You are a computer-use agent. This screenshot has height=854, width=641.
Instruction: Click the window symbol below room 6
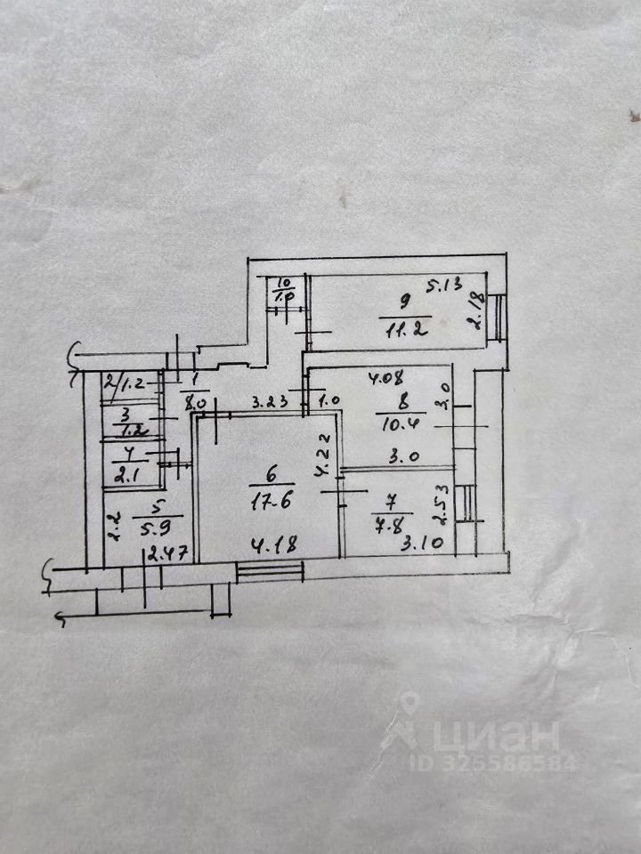click(x=271, y=570)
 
